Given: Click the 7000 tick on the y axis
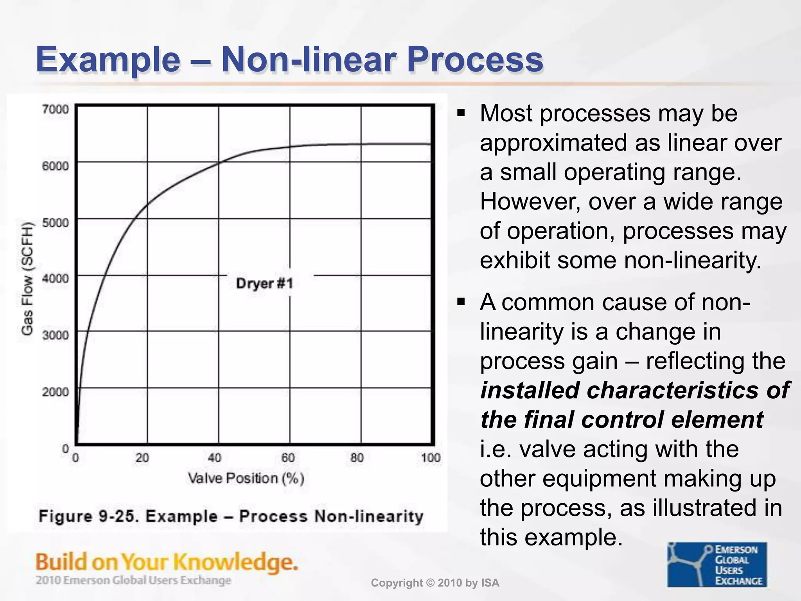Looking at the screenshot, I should (56, 109).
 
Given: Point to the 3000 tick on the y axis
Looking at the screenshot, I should (56, 335).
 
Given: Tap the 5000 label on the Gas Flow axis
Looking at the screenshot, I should (56, 223).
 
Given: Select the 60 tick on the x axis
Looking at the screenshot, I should (288, 457).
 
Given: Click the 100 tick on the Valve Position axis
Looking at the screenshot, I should (431, 457).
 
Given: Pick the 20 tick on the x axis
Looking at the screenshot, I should (142, 457).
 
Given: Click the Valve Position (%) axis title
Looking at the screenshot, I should (246, 478).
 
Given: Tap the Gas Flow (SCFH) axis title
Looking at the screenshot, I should (27, 278).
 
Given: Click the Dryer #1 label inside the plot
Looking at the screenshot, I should (264, 283).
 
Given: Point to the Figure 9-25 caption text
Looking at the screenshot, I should (231, 516).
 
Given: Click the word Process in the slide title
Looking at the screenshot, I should (475, 60).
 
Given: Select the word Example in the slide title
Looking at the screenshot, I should (108, 60).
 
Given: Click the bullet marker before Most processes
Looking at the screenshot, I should (462, 114).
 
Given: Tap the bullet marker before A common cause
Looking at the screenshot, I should (462, 302).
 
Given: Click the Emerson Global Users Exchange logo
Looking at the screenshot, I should (717, 564).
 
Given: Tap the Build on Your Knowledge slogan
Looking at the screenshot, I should (167, 562).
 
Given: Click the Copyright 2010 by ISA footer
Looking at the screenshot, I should (435, 583).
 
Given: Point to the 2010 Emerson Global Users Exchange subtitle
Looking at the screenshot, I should (133, 580).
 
